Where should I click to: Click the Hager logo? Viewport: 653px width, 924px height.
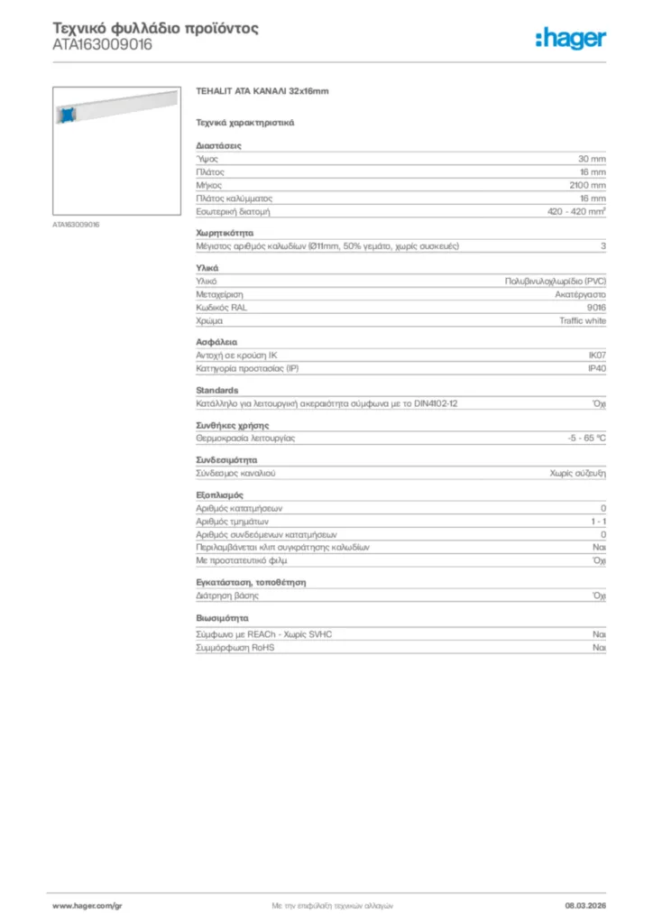(x=570, y=38)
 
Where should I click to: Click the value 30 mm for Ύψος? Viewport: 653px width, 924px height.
(x=592, y=158)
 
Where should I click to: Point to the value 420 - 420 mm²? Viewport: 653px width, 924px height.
(x=576, y=211)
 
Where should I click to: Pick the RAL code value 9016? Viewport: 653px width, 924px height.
(x=596, y=307)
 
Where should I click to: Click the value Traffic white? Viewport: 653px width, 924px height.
(x=583, y=320)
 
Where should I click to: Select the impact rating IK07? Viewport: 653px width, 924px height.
(x=596, y=356)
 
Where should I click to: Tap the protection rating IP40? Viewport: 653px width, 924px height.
(x=596, y=369)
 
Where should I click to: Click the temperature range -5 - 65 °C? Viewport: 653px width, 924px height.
(x=580, y=438)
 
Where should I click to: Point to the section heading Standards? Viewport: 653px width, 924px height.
(x=217, y=390)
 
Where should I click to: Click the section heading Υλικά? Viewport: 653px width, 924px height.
(x=207, y=268)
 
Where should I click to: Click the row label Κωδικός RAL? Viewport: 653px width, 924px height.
(x=221, y=307)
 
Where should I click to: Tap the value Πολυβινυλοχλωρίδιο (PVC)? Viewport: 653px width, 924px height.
(x=555, y=281)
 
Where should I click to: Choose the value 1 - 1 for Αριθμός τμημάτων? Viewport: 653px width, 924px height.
(x=598, y=521)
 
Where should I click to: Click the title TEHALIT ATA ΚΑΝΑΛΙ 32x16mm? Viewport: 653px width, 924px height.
(x=262, y=91)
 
